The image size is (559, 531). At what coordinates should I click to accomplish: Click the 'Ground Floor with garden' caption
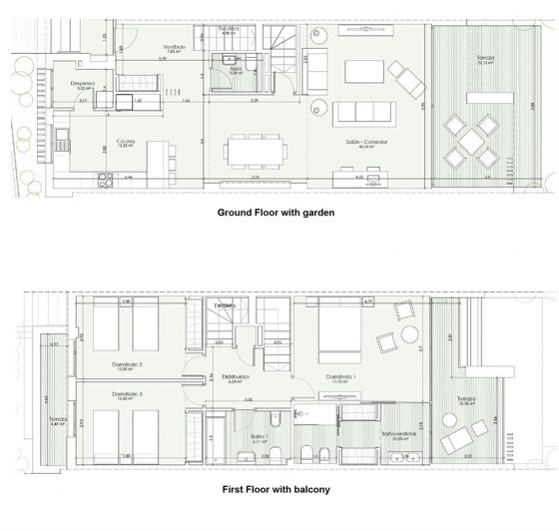click(275, 213)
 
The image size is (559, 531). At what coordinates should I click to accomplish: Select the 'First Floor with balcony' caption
click(275, 490)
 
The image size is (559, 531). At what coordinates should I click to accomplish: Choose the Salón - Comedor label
click(366, 143)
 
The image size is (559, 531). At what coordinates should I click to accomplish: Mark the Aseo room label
click(237, 69)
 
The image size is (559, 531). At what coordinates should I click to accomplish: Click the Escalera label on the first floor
click(225, 304)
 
